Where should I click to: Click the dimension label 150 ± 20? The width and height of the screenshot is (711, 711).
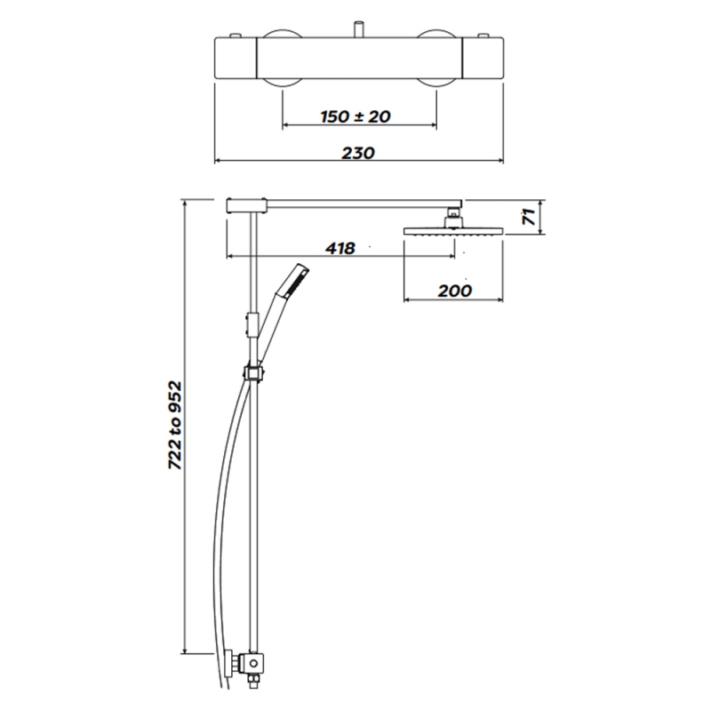[355, 116]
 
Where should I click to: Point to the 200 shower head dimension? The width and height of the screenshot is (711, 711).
[453, 290]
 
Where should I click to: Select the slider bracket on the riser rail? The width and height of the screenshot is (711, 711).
[253, 373]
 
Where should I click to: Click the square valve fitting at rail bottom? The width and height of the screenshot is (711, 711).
[255, 662]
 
